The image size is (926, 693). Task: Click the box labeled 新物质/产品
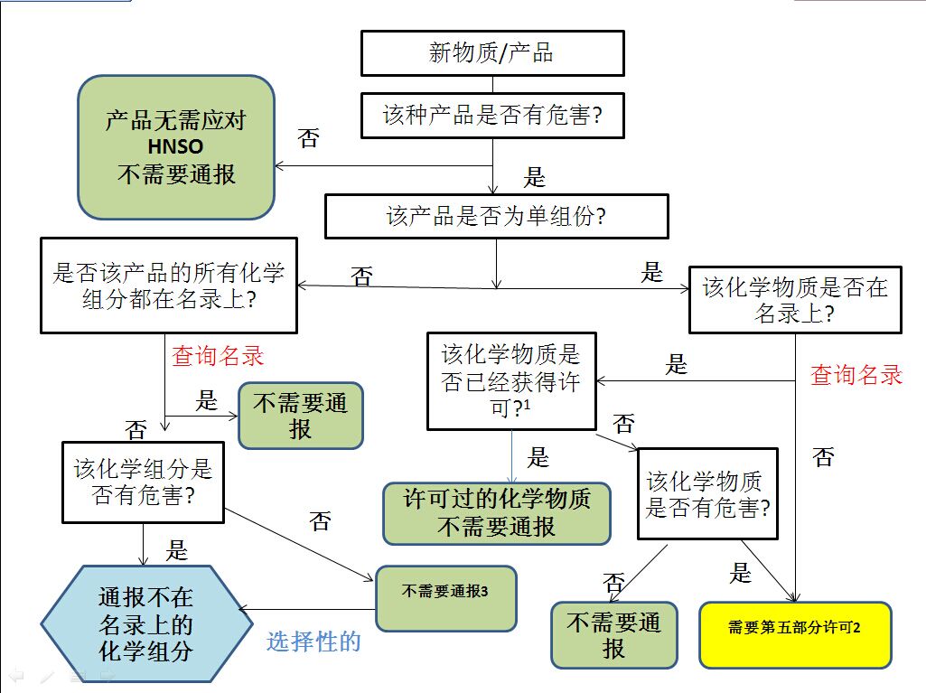(x=492, y=53)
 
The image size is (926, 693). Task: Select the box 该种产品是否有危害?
(x=492, y=116)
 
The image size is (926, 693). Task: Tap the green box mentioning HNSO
(x=176, y=147)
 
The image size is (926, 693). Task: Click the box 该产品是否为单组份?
(x=496, y=217)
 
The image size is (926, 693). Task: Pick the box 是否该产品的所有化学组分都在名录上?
(x=169, y=286)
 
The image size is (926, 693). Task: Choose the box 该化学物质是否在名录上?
(x=795, y=300)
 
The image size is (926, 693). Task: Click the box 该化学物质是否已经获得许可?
(x=511, y=380)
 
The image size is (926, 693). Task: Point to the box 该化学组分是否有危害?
(x=143, y=482)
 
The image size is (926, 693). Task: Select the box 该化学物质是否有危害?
(x=708, y=493)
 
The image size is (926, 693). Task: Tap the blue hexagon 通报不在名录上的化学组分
(x=146, y=623)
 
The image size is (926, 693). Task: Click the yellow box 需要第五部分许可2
(x=795, y=627)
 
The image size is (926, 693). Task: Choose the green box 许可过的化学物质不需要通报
(x=497, y=513)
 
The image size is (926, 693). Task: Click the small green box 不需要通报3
(x=445, y=597)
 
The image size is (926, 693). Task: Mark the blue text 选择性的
(x=313, y=641)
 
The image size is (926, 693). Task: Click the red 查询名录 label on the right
(x=856, y=375)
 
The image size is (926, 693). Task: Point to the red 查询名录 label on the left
(x=218, y=356)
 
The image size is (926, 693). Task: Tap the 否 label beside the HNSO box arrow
(x=309, y=139)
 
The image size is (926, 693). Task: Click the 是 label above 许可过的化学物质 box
(x=538, y=458)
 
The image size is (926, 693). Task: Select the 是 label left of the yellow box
(x=741, y=573)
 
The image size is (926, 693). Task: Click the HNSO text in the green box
(x=175, y=146)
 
